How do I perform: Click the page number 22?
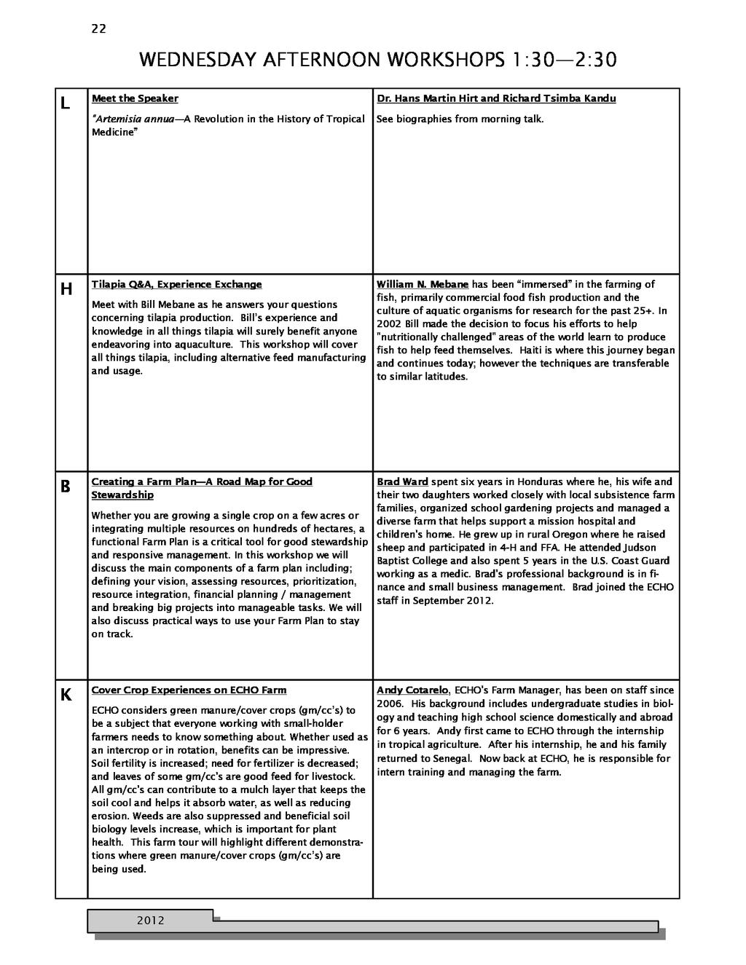(98, 29)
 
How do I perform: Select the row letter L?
(65, 103)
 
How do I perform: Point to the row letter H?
(66, 289)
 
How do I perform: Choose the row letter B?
(65, 487)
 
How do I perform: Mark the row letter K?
(66, 696)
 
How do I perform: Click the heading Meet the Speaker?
(135, 98)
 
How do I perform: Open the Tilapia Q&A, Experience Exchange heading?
(176, 284)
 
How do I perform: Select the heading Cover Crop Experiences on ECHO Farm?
(189, 690)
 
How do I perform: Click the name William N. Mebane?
(423, 284)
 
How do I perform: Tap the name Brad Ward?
(402, 481)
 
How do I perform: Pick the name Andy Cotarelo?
(412, 690)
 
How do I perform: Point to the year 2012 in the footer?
(151, 921)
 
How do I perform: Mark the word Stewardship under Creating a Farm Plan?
(122, 495)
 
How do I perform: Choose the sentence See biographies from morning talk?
(460, 119)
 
